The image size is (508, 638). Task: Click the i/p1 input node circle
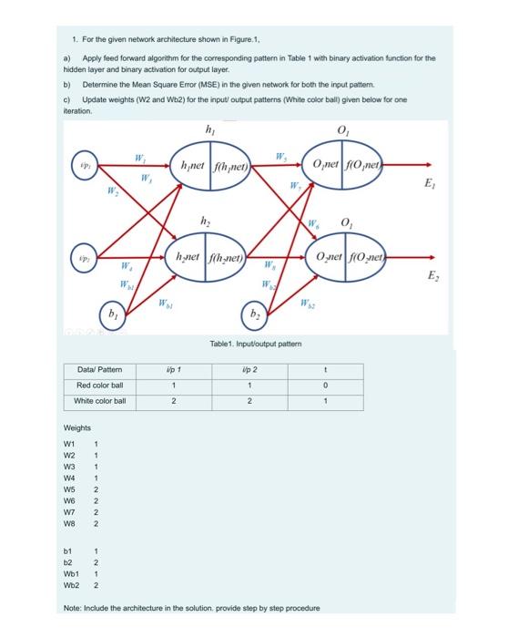[85, 168]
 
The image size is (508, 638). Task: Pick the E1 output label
[430, 183]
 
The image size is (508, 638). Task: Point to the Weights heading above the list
[76, 427]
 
